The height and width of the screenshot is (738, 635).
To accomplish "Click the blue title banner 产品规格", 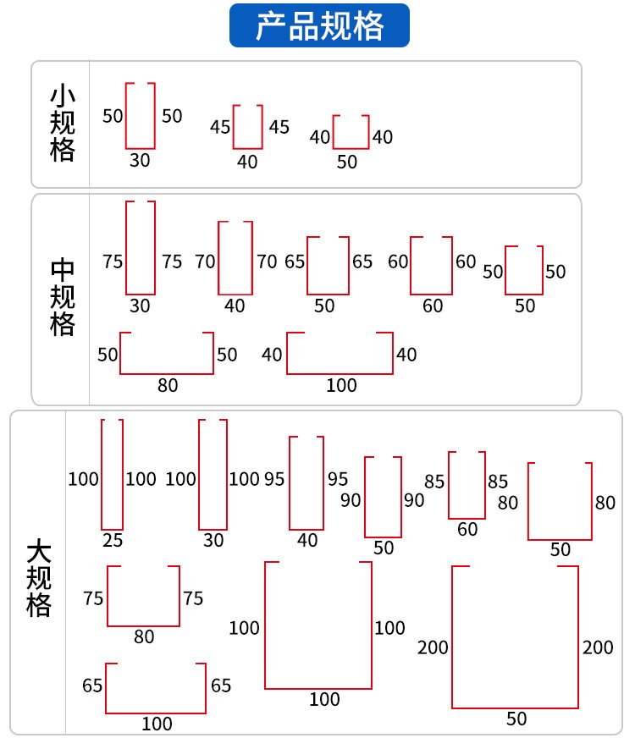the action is coord(319,25).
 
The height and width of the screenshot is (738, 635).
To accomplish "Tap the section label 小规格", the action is coord(62,124).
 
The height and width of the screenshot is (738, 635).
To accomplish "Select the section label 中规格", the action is coord(62,297).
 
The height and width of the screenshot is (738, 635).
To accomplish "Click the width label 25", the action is coord(113,540).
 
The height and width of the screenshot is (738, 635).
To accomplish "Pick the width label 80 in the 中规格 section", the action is coord(168,385).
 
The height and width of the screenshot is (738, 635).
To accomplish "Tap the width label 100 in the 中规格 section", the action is coord(341,385).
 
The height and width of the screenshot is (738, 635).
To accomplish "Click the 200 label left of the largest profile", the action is coord(433,647).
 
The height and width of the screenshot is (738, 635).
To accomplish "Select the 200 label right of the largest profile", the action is coord(598,647).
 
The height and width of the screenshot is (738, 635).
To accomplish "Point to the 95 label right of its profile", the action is coord(338,479).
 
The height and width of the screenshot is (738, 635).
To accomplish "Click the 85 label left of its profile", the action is coord(434,482).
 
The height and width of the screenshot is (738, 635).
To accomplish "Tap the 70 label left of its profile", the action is coord(205,262).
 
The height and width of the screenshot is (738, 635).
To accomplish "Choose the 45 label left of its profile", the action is coord(220,127).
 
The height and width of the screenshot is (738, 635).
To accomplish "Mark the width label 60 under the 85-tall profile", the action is coord(467,530).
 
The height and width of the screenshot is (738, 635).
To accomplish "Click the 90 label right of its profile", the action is coord(414,500).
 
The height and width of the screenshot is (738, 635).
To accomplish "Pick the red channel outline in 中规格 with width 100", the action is coord(340,374).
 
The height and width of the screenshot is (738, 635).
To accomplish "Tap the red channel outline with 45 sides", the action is coord(247,149).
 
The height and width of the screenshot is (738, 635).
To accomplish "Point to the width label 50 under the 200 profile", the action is coord(516,719).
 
